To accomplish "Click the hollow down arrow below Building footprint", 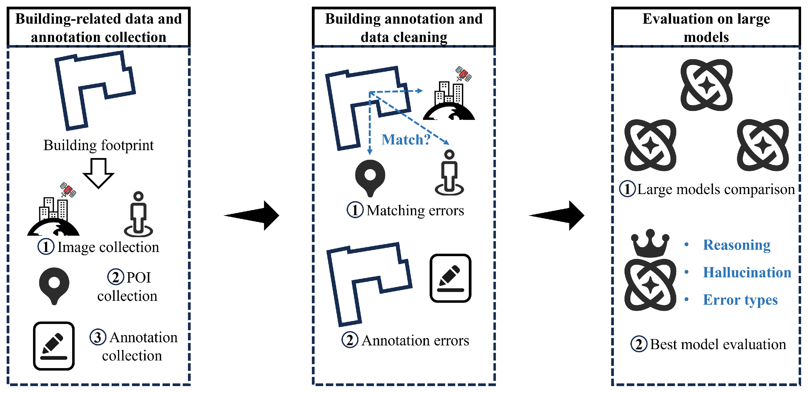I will (x=98, y=173).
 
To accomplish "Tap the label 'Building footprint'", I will (x=99, y=145).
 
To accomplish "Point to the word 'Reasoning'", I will (x=737, y=245).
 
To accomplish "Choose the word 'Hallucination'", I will (x=747, y=272).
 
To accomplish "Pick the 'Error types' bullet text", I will (x=740, y=300).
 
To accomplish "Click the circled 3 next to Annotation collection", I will (x=98, y=338).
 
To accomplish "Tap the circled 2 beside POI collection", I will (x=116, y=277).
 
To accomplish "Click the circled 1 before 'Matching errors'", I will (x=355, y=210).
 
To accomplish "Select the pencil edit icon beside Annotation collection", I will (x=54, y=346).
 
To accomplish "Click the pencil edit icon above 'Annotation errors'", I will (x=450, y=278).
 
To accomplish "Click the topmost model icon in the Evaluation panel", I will (x=706, y=85).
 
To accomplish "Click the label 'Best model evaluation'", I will (x=718, y=344).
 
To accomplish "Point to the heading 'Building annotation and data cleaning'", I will (x=404, y=28).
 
